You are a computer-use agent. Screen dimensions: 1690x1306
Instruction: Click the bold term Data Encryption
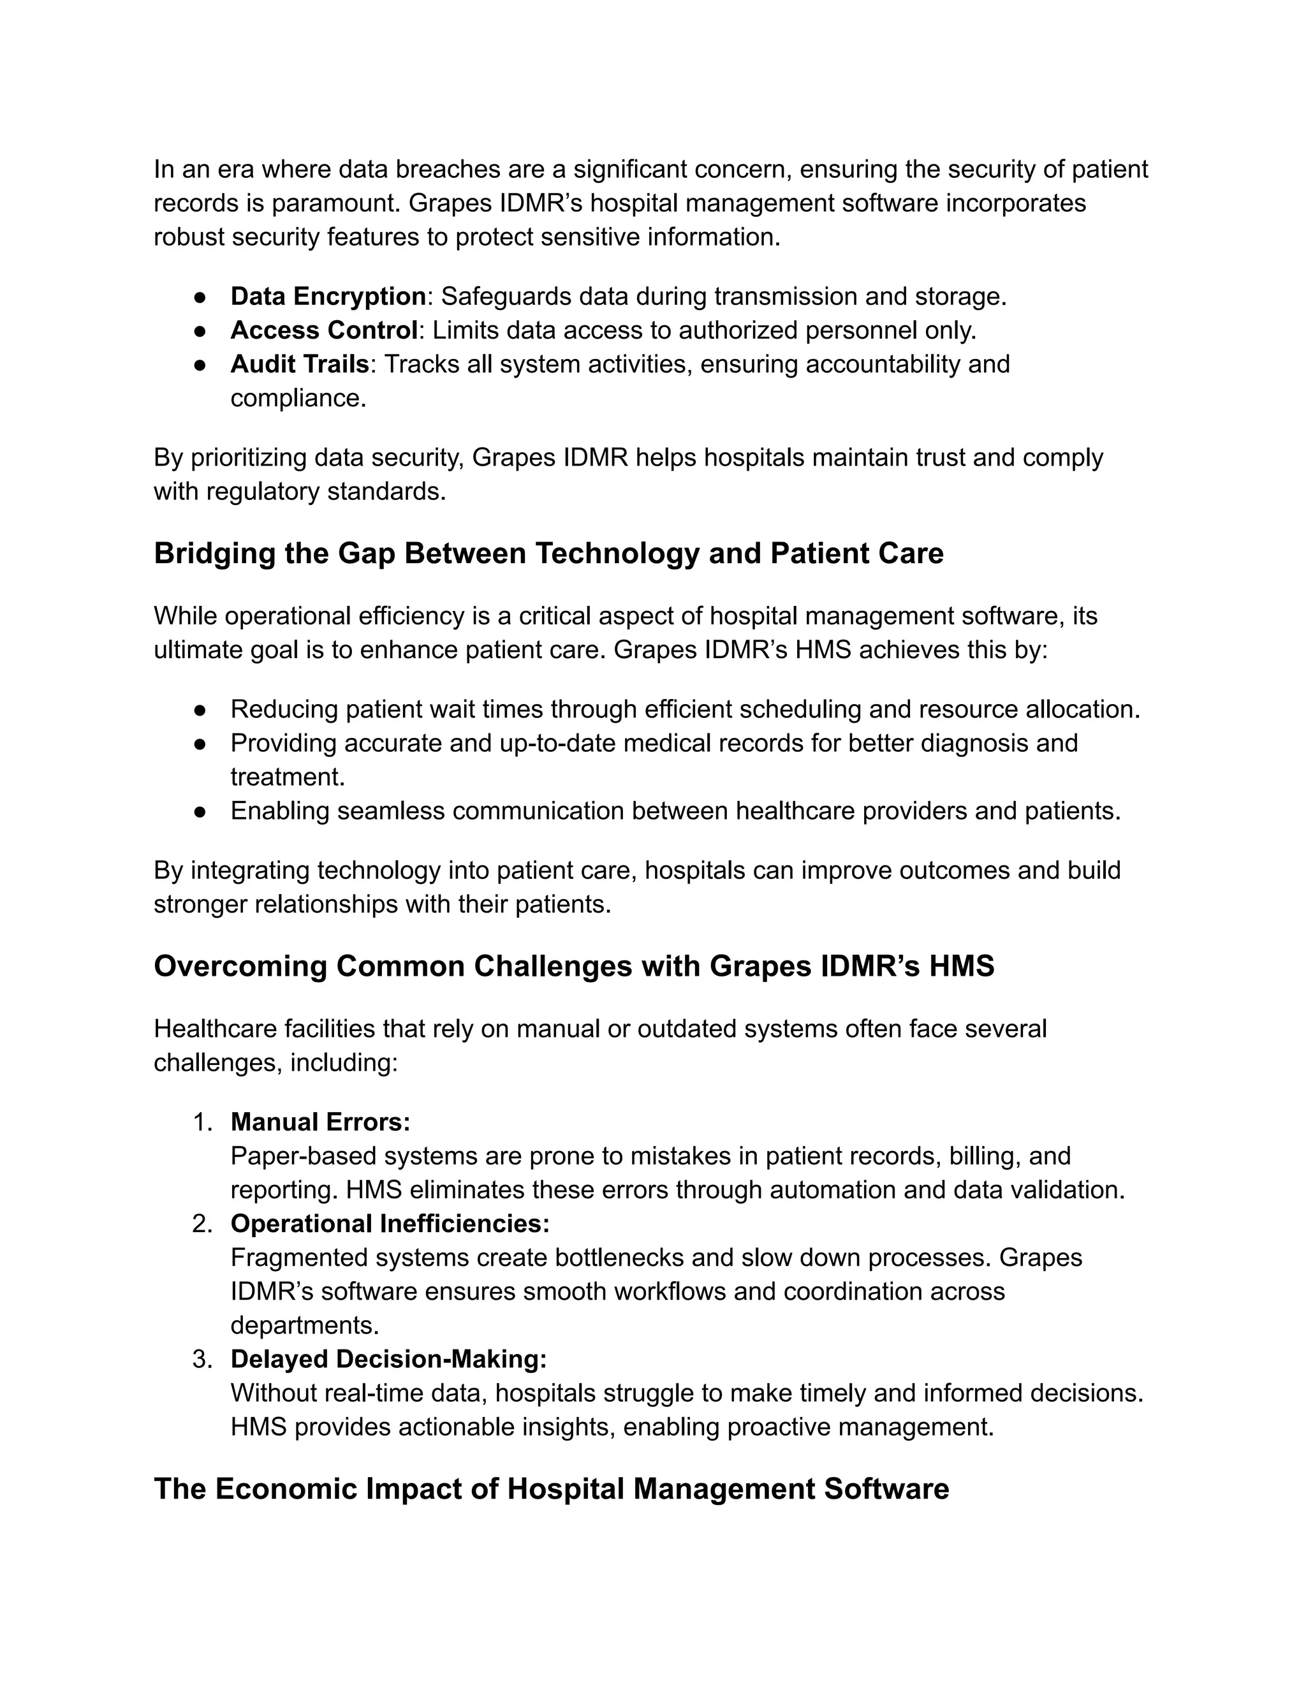(x=328, y=297)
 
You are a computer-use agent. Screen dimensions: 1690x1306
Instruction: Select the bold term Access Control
(x=324, y=330)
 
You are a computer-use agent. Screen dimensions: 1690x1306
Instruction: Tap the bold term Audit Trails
(x=300, y=364)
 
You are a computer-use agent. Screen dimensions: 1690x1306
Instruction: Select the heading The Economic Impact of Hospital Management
(x=551, y=1489)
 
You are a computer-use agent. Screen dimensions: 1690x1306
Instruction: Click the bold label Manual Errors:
(x=320, y=1122)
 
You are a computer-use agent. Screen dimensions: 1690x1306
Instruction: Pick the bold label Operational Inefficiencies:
(x=390, y=1223)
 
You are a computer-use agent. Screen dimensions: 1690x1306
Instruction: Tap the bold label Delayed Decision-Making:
(x=388, y=1359)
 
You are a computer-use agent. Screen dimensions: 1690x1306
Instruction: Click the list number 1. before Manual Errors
(x=202, y=1122)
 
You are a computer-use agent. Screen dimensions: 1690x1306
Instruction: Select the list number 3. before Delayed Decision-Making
(x=202, y=1359)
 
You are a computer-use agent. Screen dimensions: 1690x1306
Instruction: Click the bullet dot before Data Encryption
(x=200, y=297)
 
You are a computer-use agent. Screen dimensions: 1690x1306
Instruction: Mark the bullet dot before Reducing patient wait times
(x=200, y=710)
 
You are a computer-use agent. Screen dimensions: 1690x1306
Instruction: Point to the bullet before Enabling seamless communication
(x=200, y=811)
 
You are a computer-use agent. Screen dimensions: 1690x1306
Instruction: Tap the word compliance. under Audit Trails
(x=298, y=398)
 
